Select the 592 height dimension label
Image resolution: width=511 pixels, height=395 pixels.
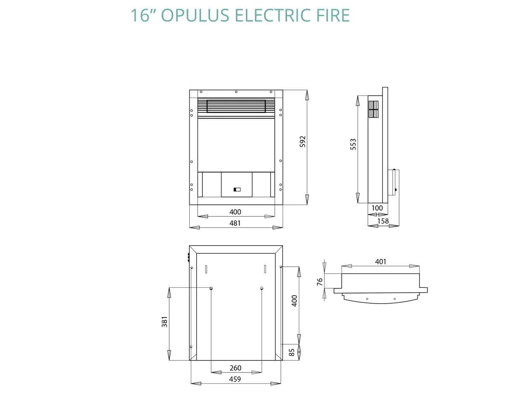pos(303,141)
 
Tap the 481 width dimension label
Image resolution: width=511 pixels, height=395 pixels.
pos(235,223)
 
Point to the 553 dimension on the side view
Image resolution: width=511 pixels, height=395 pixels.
pos(353,144)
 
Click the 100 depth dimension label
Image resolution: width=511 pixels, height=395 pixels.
pos(377,208)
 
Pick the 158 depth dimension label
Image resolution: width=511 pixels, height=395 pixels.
pos(383,221)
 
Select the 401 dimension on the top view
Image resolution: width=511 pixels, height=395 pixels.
pos(381,261)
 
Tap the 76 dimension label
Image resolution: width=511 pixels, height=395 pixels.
pos(320,282)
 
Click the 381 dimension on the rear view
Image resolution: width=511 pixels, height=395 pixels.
pos(165,322)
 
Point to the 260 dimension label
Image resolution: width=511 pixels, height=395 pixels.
pos(235,368)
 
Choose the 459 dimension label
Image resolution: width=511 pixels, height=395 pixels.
pos(235,379)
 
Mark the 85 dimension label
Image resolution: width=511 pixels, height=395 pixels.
pos(292,352)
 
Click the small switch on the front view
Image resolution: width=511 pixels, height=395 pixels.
pos(237,190)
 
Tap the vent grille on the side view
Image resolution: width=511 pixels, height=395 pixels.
pos(373,110)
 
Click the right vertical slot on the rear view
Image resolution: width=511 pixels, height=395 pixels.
pos(265,268)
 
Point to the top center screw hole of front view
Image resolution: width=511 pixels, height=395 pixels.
pos(236,92)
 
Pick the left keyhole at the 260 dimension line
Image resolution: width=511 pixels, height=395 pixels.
pos(211,288)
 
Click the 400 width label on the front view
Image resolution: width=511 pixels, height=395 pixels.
pos(235,212)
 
